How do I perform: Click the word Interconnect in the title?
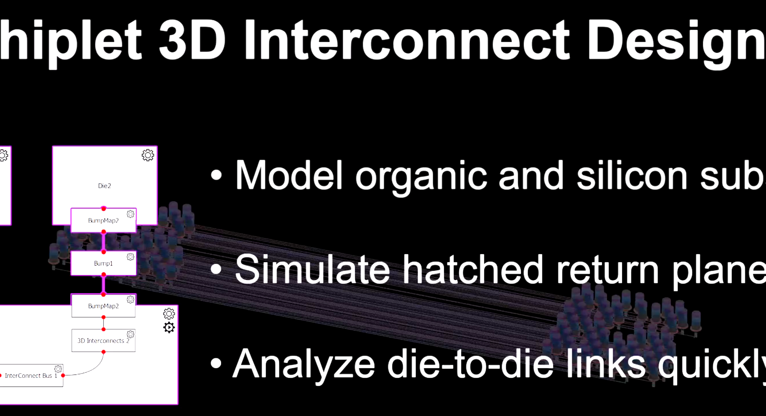406,40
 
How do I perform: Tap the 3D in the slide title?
192,40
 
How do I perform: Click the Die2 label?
104,186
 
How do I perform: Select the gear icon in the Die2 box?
148,155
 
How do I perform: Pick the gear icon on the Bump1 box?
131,257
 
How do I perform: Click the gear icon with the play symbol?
169,327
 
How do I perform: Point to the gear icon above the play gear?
169,314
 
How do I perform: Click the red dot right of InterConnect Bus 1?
63,376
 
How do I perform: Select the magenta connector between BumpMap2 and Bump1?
103,242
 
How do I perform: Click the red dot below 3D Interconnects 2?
103,352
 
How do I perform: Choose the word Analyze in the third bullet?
304,364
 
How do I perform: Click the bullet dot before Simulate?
216,269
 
